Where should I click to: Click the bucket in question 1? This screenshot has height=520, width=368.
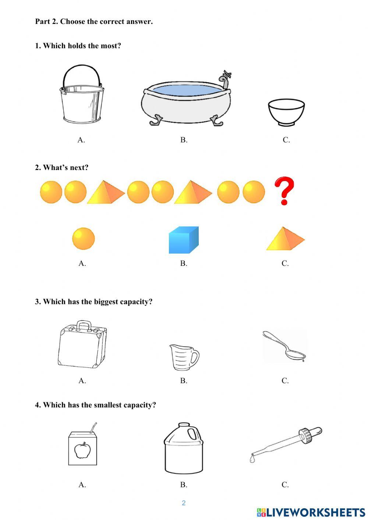point(82,103)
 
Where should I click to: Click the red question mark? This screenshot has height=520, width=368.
point(284,190)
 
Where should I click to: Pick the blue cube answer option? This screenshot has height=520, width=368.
point(183,240)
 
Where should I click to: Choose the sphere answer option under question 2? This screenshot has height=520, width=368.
point(83,238)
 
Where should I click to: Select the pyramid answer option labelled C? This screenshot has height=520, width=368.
point(285,239)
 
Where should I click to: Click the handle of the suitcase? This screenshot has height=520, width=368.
point(84,325)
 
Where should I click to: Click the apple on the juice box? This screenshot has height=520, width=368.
point(82,450)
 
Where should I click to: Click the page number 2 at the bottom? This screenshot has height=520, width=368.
point(184,503)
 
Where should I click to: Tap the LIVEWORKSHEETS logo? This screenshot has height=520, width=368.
point(311,512)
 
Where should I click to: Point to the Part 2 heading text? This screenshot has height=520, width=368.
point(94,21)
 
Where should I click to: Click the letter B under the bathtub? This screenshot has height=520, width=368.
point(183,140)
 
